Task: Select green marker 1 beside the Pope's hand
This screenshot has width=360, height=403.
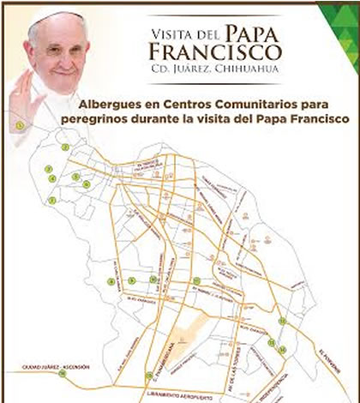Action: point(18,125)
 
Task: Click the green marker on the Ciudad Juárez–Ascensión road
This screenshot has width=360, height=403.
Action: point(62,373)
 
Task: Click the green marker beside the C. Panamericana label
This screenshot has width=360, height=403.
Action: point(149,374)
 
